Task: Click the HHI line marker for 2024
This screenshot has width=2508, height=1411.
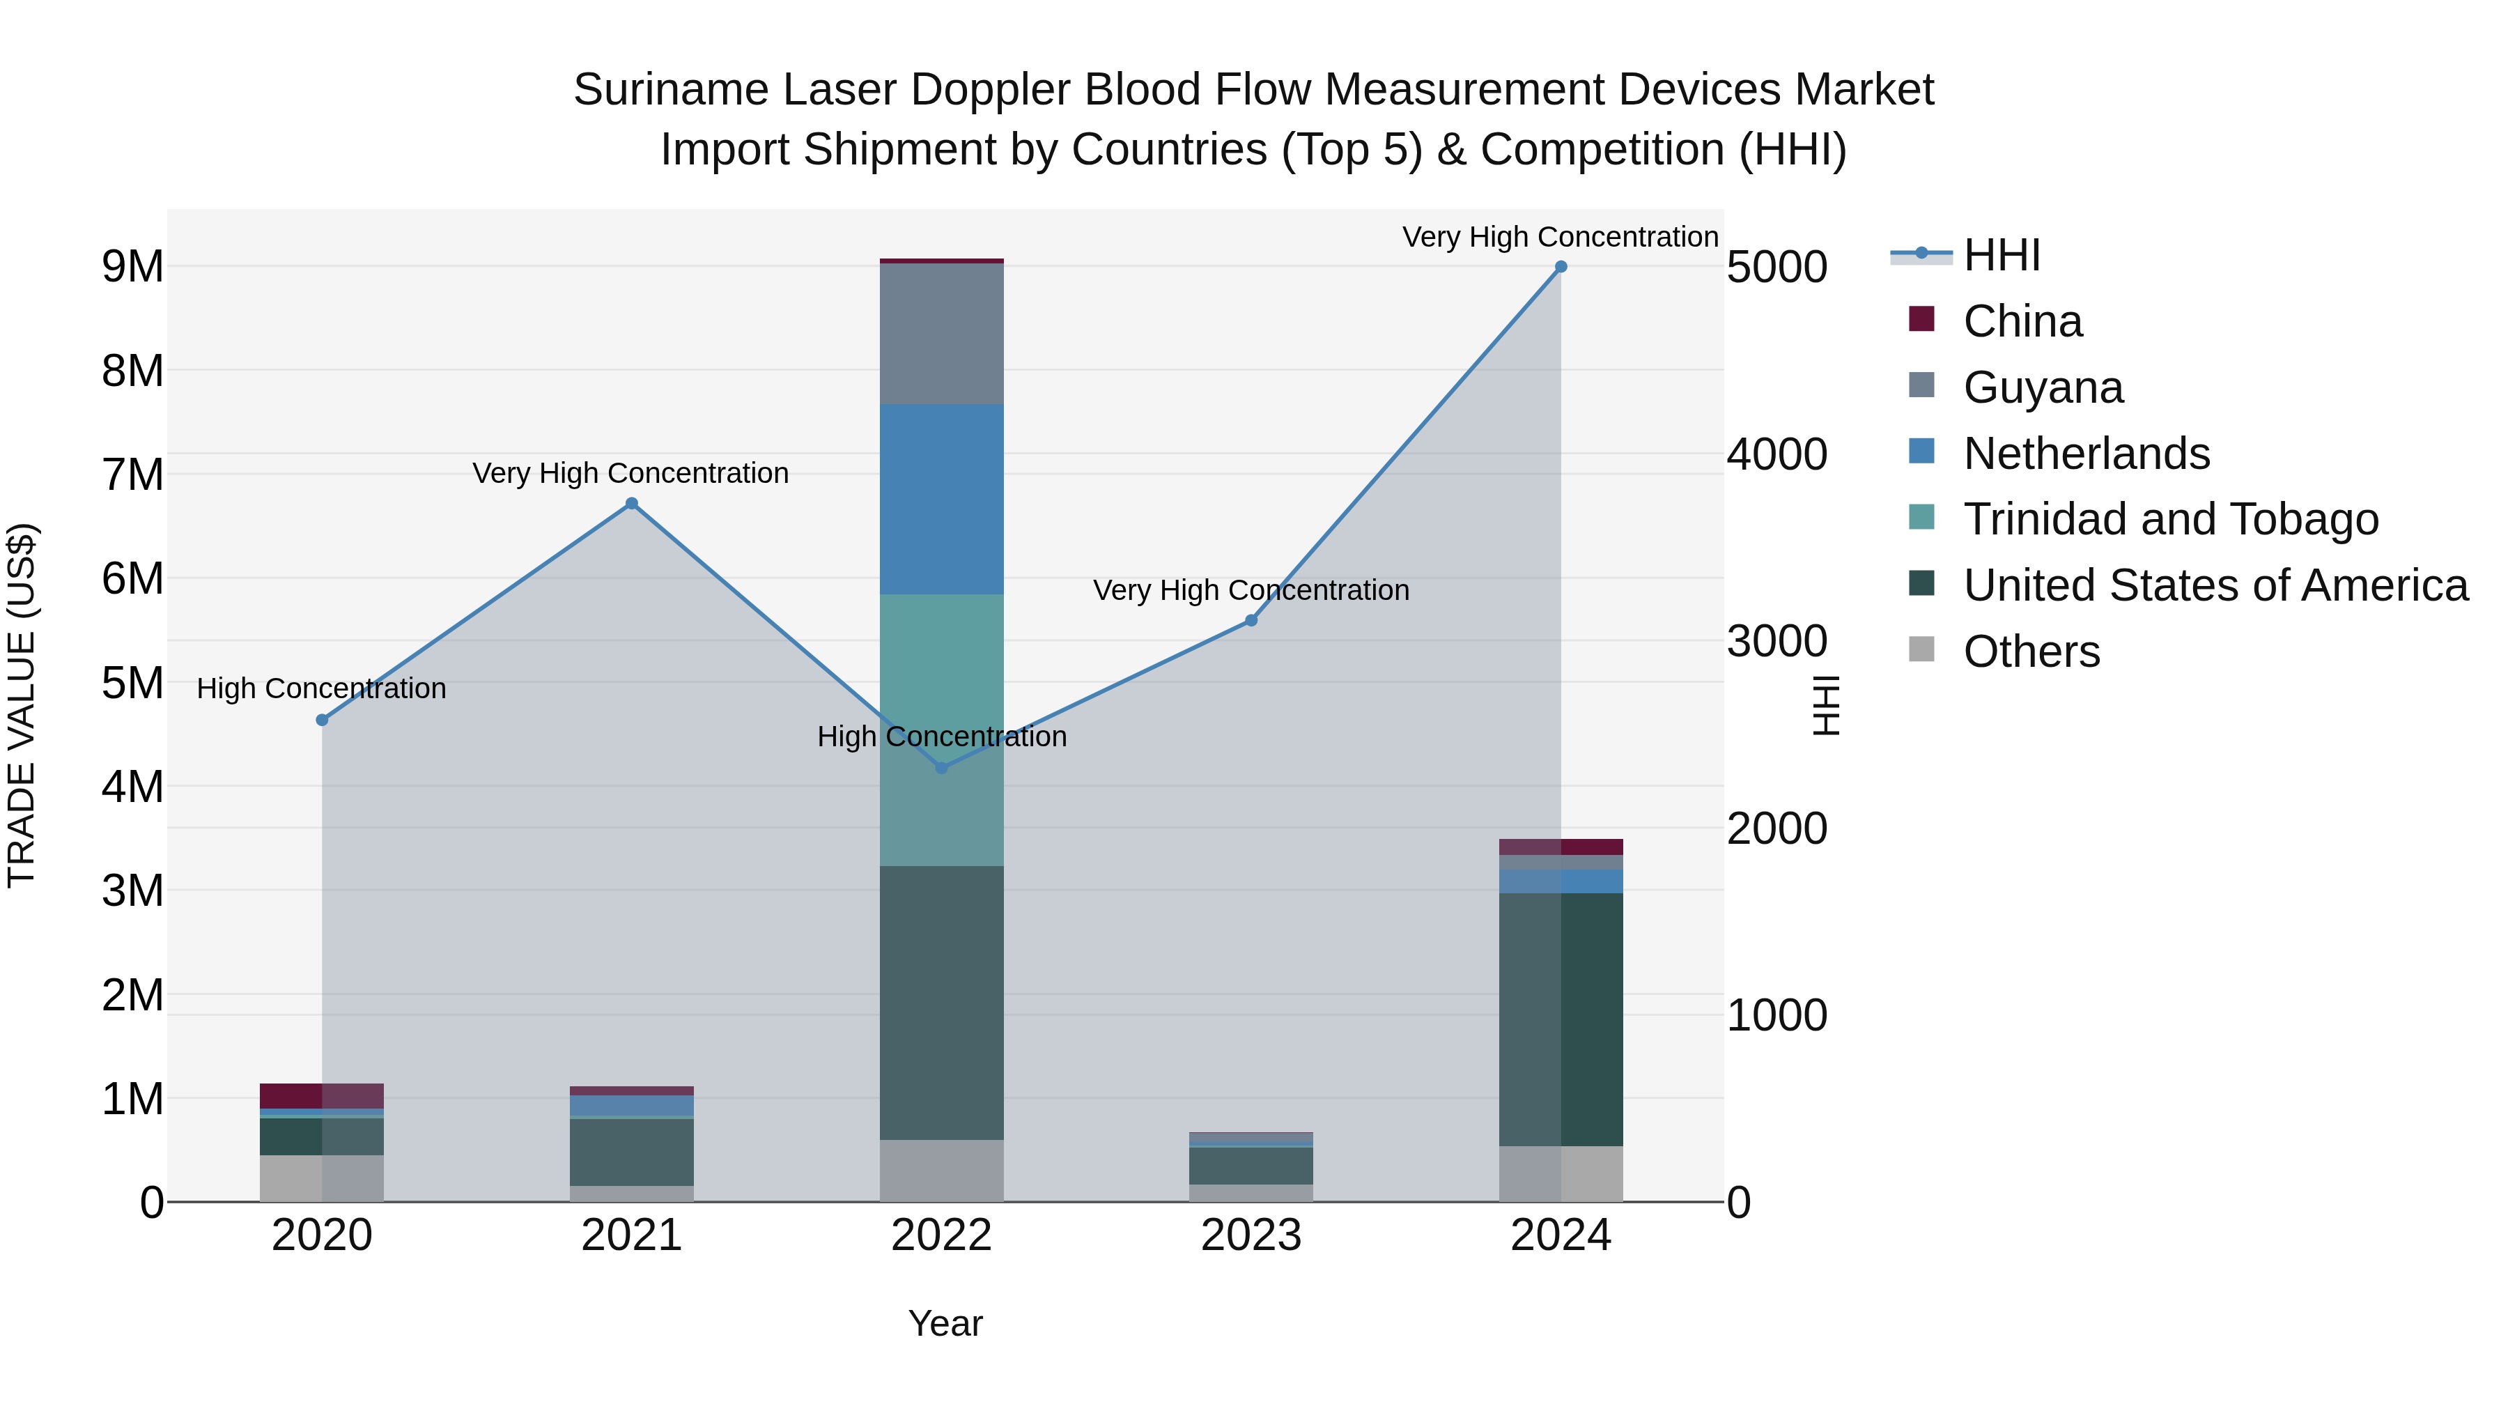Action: [x=1561, y=267]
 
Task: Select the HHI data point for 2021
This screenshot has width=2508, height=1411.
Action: [x=632, y=504]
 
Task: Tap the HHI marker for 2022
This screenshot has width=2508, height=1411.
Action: [x=941, y=769]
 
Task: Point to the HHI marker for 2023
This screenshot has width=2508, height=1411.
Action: [x=1251, y=620]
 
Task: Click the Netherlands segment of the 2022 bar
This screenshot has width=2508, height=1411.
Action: [x=941, y=499]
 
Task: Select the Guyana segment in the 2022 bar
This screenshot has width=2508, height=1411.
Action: [x=941, y=333]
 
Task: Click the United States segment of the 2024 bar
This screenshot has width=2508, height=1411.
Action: [x=1561, y=1019]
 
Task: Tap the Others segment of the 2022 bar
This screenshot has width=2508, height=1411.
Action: [x=941, y=1171]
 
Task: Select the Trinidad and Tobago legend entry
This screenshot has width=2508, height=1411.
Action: [x=2170, y=519]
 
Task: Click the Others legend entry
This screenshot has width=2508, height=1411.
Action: [x=2031, y=651]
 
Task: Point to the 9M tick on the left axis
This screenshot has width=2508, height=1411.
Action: [x=132, y=267]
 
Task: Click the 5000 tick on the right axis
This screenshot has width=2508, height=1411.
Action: [x=1776, y=267]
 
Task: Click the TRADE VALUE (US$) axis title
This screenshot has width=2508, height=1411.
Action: [x=22, y=705]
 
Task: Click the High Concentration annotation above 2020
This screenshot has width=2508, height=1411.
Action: [x=321, y=688]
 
